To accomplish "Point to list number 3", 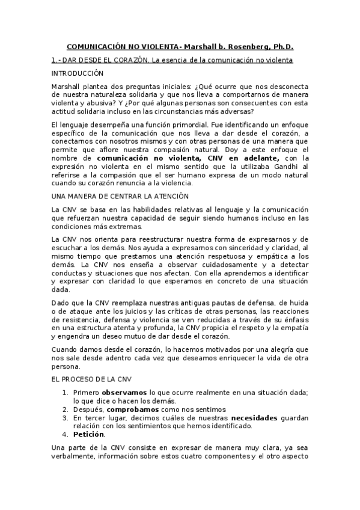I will pyautogui.click(x=66, y=417).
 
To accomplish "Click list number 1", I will pyautogui.click(x=66, y=392).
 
